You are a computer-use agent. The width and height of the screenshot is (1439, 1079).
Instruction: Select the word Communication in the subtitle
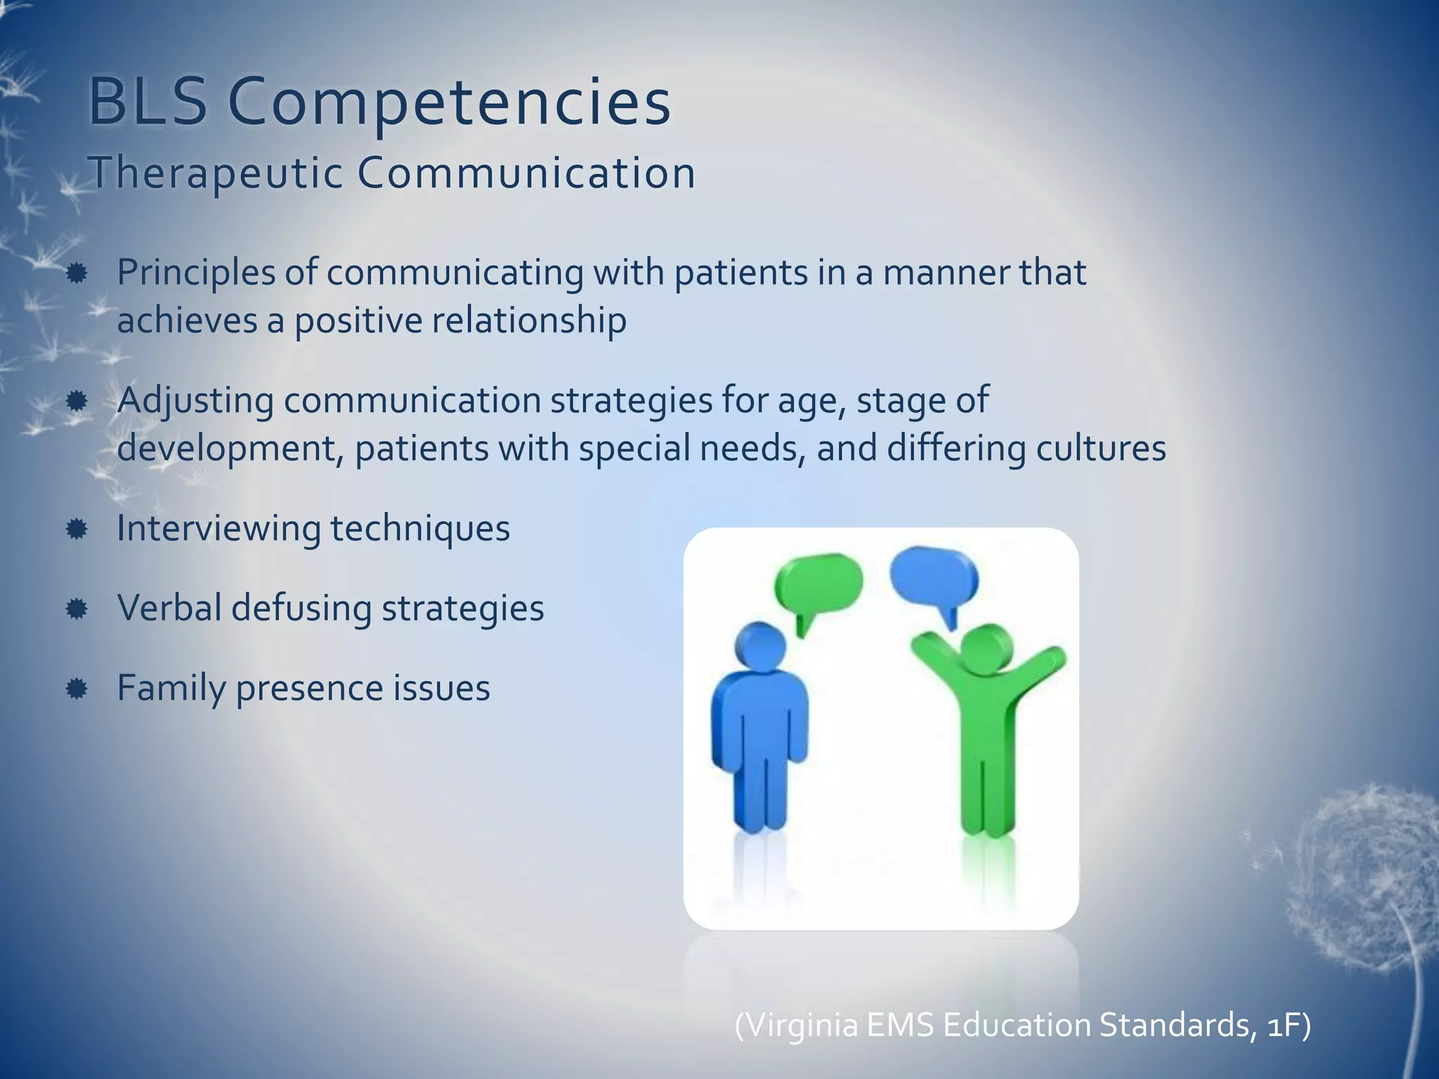(x=526, y=173)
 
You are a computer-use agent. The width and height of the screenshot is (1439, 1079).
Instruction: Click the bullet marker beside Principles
(x=77, y=273)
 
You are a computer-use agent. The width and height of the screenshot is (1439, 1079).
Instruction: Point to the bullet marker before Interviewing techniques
(x=77, y=528)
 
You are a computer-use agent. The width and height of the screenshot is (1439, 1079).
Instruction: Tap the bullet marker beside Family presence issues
(x=77, y=688)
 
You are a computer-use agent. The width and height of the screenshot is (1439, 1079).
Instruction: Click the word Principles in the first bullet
(x=195, y=273)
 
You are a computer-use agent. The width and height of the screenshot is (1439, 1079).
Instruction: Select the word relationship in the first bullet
(x=528, y=320)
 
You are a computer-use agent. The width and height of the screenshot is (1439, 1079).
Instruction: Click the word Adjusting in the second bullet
(x=195, y=400)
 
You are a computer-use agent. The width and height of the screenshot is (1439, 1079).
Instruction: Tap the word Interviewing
(x=219, y=528)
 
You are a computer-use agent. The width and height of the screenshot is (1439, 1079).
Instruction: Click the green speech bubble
(x=819, y=584)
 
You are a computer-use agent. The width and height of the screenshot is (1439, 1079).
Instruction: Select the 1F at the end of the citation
(x=1283, y=1025)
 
